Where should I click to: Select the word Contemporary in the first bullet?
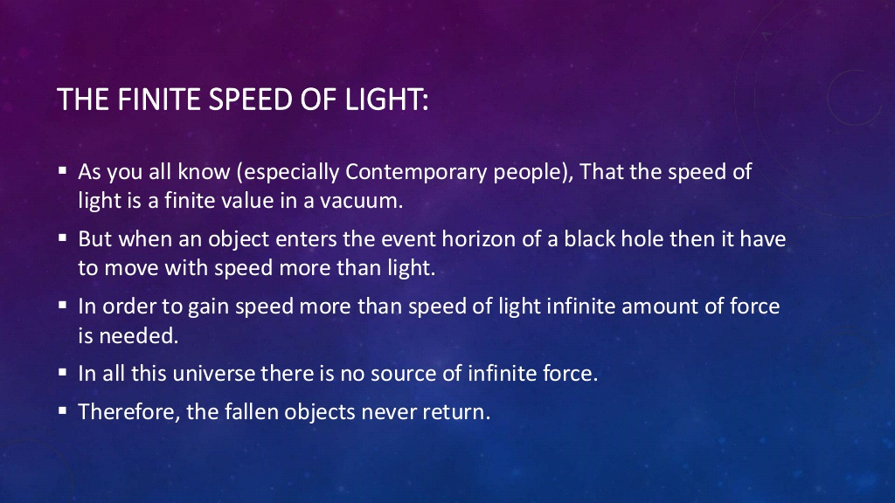(416, 172)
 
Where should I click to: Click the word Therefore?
(129, 412)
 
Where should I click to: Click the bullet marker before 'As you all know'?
(63, 171)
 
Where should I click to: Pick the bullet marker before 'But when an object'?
(63, 238)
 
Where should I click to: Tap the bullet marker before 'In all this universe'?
(63, 373)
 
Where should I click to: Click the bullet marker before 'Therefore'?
(63, 411)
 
